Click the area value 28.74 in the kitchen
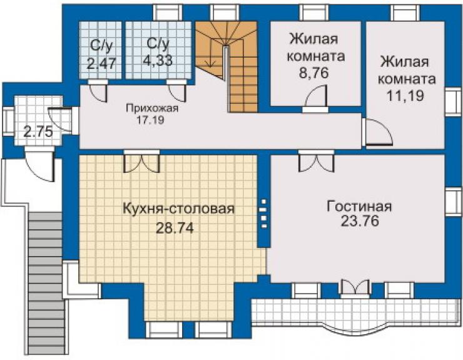175,228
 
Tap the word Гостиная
359,207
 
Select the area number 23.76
360,220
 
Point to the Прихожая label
152,108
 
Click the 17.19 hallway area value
150,120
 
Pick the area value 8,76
313,73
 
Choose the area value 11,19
405,95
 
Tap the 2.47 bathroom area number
101,63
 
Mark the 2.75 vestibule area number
38,132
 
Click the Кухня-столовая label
178,208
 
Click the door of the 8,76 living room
316,98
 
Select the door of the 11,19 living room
377,132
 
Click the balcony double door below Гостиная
355,288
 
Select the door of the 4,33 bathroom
177,90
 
